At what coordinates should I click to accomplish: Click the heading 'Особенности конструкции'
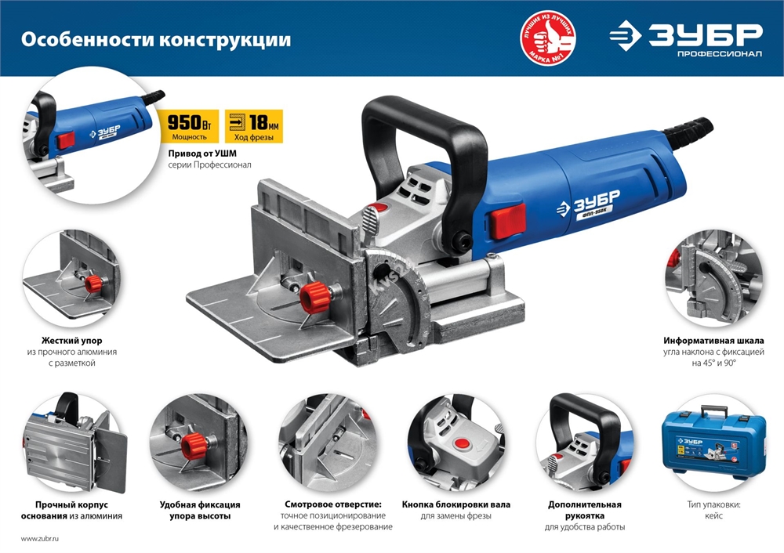point(155,39)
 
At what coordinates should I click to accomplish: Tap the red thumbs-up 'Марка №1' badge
point(549,38)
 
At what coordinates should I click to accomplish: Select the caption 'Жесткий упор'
point(71,341)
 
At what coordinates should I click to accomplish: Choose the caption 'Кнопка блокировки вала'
point(456,504)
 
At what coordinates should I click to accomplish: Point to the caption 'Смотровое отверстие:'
point(333,504)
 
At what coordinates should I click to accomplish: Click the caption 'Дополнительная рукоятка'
point(584,510)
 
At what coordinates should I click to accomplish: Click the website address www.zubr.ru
point(40,539)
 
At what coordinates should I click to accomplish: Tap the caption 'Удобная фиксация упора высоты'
point(199,510)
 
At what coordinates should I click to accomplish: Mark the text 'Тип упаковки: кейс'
point(713,510)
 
